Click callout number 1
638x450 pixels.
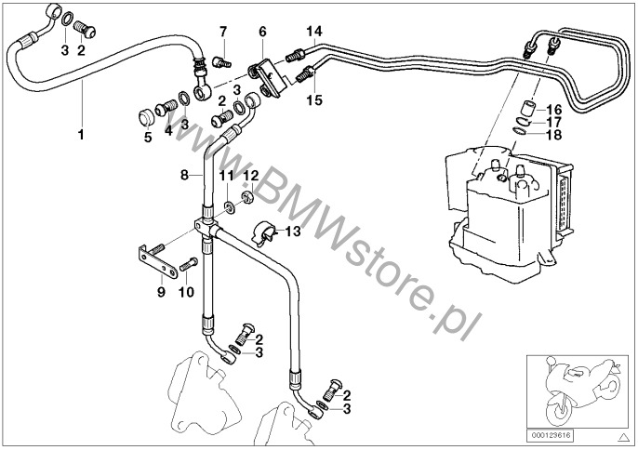point(81,134)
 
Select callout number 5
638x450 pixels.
point(148,139)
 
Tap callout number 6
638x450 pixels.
point(262,32)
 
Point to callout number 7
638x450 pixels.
point(223,33)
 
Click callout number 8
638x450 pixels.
point(184,174)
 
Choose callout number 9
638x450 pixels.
point(160,292)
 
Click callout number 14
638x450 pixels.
point(315,32)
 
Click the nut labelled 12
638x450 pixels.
point(249,197)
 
